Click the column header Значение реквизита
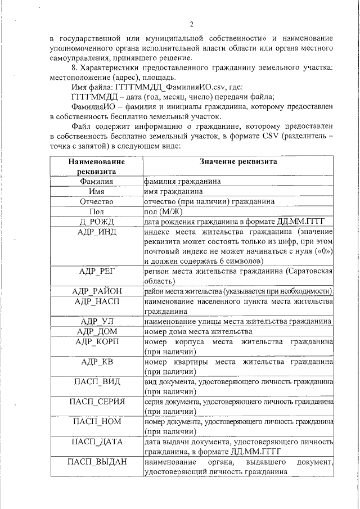pyautogui.click(x=238, y=161)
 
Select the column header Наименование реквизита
pyautogui.click(x=97, y=166)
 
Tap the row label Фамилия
pyautogui.click(x=97, y=181)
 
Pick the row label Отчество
pyautogui.click(x=97, y=201)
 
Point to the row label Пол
pyautogui.click(x=97, y=211)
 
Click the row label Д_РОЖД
pyautogui.click(x=97, y=222)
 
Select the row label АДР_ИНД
pyautogui.click(x=97, y=232)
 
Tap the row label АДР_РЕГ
pyautogui.click(x=97, y=272)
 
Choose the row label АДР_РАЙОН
pyautogui.click(x=97, y=291)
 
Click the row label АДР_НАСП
pyautogui.click(x=97, y=301)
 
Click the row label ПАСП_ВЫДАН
pyautogui.click(x=97, y=462)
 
